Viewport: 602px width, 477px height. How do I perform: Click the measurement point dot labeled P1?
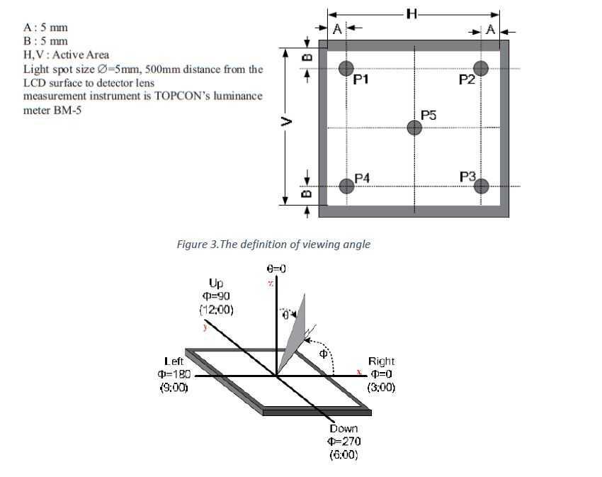[346, 68]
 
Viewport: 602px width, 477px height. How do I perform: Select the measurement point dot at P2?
[482, 68]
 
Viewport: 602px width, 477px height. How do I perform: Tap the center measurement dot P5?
[415, 128]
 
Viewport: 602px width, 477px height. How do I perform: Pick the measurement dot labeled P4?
[346, 186]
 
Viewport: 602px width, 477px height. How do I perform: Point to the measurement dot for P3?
[482, 186]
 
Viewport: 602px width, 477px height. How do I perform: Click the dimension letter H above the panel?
[412, 14]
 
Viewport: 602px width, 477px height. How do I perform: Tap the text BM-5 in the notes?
[67, 110]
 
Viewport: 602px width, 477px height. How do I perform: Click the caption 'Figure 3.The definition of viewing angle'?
[273, 245]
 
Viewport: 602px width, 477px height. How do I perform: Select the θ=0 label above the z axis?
[276, 269]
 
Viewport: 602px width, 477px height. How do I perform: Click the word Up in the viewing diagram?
[216, 283]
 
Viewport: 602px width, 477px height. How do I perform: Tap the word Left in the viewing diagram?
[174, 361]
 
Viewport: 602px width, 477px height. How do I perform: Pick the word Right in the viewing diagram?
[381, 361]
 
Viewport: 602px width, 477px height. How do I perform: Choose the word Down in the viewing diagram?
[343, 428]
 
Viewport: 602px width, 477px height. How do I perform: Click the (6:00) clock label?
[343, 455]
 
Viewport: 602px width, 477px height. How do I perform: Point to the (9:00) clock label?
[174, 388]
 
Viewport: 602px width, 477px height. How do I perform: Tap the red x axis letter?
[360, 371]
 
